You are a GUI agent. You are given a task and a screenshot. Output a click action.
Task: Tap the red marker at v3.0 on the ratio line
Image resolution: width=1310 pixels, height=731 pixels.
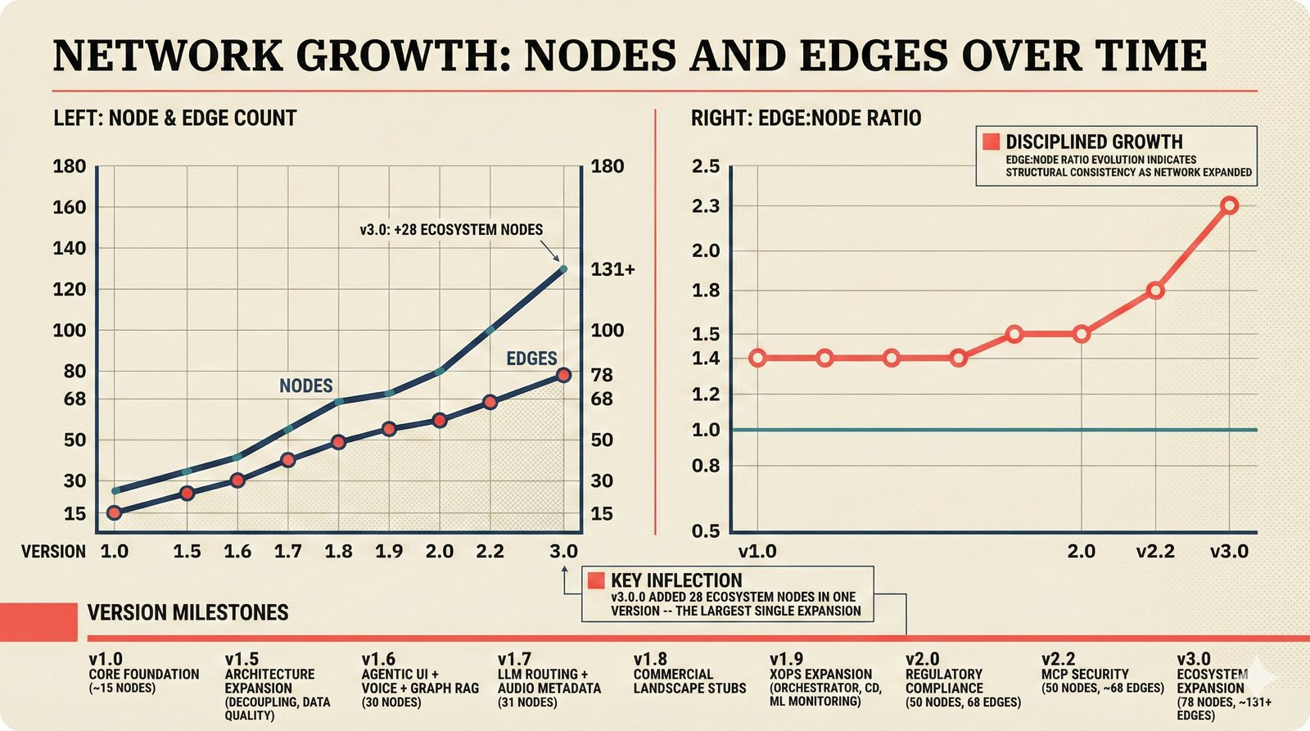pos(1229,205)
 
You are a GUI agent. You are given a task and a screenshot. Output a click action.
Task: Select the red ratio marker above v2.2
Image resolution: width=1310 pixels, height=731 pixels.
pos(1155,291)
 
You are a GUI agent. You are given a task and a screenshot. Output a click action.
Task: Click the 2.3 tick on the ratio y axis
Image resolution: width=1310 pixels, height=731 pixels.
pos(705,206)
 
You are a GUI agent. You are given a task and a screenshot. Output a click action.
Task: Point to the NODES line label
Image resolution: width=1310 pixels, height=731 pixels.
pos(305,386)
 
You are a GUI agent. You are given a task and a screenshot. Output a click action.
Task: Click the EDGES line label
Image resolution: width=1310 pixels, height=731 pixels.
pos(531,359)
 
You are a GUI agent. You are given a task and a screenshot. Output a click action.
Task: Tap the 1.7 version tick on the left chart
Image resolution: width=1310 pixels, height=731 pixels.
pos(287,552)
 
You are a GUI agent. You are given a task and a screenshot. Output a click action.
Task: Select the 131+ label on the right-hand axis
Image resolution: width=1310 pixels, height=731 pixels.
pos(612,269)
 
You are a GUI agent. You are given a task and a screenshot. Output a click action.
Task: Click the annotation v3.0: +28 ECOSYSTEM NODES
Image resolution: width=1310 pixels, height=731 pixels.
pos(451,230)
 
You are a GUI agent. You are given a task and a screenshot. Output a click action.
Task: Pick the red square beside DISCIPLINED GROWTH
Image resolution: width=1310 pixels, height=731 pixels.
pos(991,142)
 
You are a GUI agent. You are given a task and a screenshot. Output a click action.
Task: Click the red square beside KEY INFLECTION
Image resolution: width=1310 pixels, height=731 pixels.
pos(596,580)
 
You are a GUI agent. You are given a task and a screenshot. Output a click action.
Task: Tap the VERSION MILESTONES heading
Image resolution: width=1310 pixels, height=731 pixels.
pos(187,612)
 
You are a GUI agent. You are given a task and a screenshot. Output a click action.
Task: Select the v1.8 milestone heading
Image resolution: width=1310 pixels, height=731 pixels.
pos(650,659)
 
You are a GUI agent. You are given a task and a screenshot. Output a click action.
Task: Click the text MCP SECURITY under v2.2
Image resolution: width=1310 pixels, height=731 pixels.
pos(1085,674)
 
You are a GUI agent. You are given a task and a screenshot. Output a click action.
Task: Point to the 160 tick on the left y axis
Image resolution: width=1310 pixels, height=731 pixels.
pos(69,207)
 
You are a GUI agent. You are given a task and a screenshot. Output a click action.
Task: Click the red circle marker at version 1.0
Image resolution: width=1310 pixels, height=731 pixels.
pos(114,512)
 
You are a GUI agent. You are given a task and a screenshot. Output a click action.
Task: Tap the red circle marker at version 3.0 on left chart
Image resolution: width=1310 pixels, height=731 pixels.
pos(563,375)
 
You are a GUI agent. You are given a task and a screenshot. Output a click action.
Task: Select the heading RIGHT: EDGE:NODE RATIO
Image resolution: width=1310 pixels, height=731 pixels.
pos(806,118)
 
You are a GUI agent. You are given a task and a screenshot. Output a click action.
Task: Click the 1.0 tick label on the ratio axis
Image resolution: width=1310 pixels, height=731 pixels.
pos(705,430)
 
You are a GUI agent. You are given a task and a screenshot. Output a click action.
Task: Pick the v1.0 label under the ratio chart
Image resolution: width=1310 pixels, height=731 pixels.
pos(757,552)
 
